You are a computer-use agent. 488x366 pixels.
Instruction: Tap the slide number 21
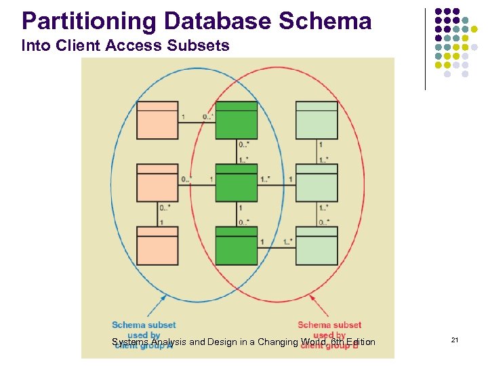(454, 340)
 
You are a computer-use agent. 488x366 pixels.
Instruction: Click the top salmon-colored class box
(157, 120)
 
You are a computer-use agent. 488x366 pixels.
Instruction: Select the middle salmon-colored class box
(157, 183)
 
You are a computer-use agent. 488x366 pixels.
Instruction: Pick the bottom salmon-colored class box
(157, 245)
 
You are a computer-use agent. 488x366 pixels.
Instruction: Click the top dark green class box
(237, 120)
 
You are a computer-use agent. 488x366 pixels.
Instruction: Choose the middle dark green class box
(237, 183)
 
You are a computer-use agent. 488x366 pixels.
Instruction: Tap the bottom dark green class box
(237, 245)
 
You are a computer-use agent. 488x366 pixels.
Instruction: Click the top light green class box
(317, 120)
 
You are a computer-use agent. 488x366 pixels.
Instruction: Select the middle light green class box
(317, 183)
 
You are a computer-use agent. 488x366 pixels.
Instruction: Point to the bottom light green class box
(317, 245)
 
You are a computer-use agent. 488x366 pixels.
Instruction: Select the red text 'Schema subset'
(329, 325)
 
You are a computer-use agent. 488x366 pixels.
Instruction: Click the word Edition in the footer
(360, 342)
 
